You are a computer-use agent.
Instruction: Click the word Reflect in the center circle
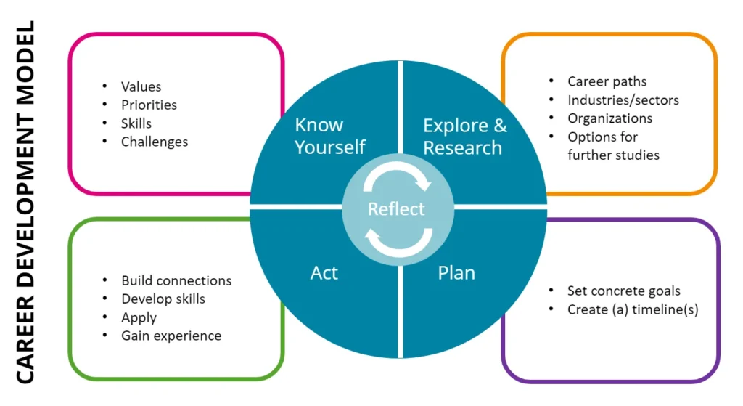pyautogui.click(x=396, y=209)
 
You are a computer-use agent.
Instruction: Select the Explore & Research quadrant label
pyautogui.click(x=464, y=137)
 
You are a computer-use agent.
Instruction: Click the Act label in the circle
pyautogui.click(x=324, y=273)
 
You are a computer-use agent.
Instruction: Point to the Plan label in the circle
pyautogui.click(x=456, y=273)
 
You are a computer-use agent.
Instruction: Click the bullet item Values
pyautogui.click(x=141, y=87)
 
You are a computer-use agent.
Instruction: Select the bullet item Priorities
pyautogui.click(x=149, y=105)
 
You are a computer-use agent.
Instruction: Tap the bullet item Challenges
pyautogui.click(x=154, y=142)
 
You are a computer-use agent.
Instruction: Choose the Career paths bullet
pyautogui.click(x=607, y=81)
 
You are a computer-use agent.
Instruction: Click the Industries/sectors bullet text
pyautogui.click(x=623, y=100)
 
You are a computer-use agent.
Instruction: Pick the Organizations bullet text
pyautogui.click(x=609, y=118)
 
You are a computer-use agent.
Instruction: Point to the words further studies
pyautogui.click(x=613, y=155)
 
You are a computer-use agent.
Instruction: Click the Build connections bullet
pyautogui.click(x=176, y=280)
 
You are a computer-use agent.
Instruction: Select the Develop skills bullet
pyautogui.click(x=163, y=299)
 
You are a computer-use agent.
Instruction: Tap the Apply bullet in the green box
pyautogui.click(x=139, y=317)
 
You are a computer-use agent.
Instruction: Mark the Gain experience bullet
pyautogui.click(x=171, y=336)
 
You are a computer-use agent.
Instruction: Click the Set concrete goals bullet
pyautogui.click(x=623, y=291)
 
